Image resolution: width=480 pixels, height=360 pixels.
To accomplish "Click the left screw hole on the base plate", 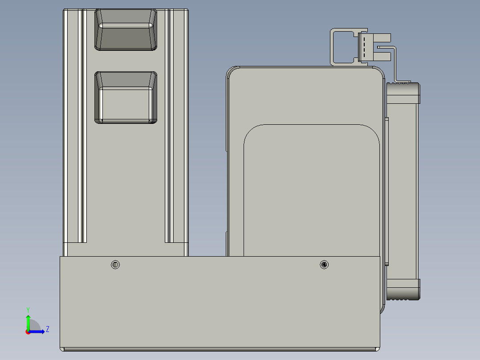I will pos(115,265).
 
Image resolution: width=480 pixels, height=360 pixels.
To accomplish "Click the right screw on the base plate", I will pos(324,265).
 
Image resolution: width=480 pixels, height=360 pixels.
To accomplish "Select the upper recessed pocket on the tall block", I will pos(126,29).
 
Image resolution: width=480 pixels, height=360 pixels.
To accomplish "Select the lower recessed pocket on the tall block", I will pos(126,97).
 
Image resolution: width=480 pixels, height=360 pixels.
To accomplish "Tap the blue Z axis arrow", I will pos(38,331).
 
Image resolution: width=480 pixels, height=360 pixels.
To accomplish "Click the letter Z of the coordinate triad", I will pos(47,329).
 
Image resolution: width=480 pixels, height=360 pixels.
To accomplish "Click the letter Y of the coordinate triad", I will pos(28,309).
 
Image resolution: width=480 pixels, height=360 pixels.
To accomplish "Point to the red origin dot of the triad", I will pos(28,332).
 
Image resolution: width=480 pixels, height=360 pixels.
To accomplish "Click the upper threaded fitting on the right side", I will pos(403,93).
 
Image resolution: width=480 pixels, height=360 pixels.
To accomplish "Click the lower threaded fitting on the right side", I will pos(403,289).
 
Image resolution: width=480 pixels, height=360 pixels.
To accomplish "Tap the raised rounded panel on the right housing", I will pos(311,192).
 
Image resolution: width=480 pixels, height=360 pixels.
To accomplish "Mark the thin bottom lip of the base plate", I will pos(220,349).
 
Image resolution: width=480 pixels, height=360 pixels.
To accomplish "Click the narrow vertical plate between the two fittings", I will pos(386,192).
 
